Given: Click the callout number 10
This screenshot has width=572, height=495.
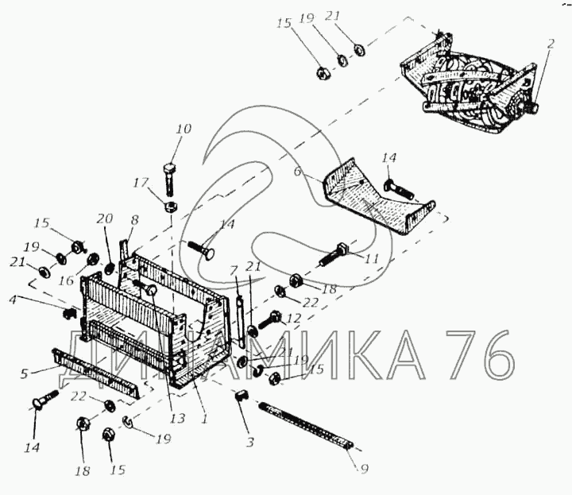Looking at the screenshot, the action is point(184,130).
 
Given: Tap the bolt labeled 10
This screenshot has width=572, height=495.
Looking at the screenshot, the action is point(171,179).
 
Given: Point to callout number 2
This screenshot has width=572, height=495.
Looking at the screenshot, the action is point(551,44).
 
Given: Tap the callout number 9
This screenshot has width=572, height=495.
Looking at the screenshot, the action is point(364,468).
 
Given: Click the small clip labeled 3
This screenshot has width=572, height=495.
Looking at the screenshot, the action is point(242,394).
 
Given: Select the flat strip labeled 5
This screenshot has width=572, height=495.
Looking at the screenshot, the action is point(97,373).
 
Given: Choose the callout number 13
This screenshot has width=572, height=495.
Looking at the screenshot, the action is point(178,419).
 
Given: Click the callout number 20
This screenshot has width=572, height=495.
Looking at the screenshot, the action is point(105,218).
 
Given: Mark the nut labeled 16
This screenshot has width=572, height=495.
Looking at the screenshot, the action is point(92,259).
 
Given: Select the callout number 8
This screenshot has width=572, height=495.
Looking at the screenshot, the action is point(134,220).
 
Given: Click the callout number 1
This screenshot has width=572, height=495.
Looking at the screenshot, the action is point(204,419).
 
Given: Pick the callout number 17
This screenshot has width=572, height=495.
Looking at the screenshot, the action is point(141,183).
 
